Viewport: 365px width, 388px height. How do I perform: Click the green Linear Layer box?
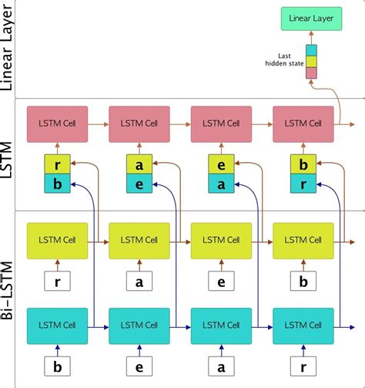(310, 18)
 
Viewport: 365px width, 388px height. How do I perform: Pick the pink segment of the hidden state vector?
(311, 73)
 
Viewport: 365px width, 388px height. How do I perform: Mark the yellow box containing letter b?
(303, 164)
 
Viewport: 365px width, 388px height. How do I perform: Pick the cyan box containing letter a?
(221, 184)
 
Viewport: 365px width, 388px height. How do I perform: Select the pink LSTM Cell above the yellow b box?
(303, 123)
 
